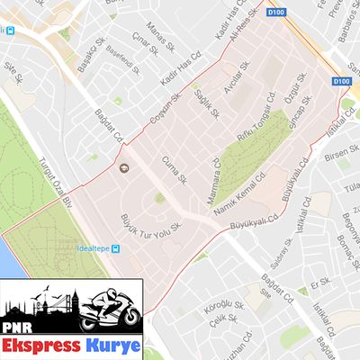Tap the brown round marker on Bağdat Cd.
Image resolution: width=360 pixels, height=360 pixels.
point(124,167)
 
